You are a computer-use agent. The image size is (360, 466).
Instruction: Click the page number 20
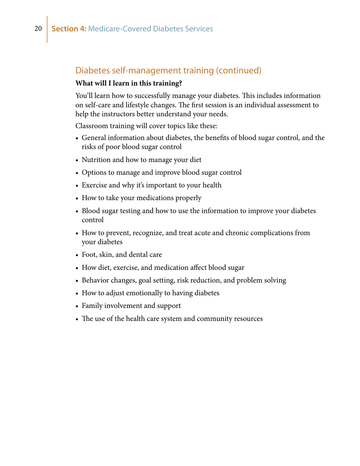(x=38, y=29)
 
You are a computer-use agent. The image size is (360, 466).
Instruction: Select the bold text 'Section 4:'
(x=69, y=29)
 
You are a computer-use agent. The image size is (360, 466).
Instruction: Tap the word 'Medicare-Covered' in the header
(x=119, y=29)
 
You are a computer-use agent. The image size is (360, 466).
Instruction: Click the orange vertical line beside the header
(x=47, y=29)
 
